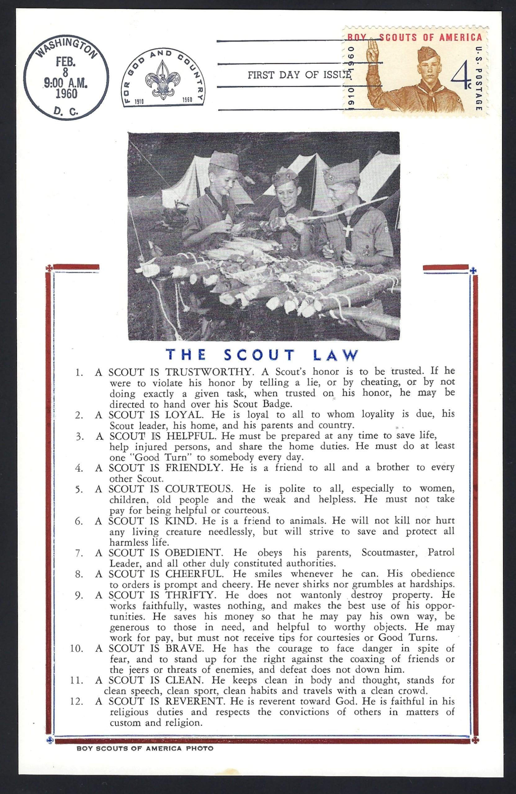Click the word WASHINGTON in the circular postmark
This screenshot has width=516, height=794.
click(66, 48)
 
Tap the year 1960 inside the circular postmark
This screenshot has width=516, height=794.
click(66, 94)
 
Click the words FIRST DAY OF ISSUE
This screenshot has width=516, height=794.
click(299, 75)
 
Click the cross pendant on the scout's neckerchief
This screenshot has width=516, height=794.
click(348, 231)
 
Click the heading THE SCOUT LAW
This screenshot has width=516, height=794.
click(262, 355)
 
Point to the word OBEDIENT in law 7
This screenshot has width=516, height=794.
click(193, 553)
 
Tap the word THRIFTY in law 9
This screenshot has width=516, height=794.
click(189, 595)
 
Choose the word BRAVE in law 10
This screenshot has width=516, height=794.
click(183, 648)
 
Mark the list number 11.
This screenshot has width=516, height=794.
click(76, 680)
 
